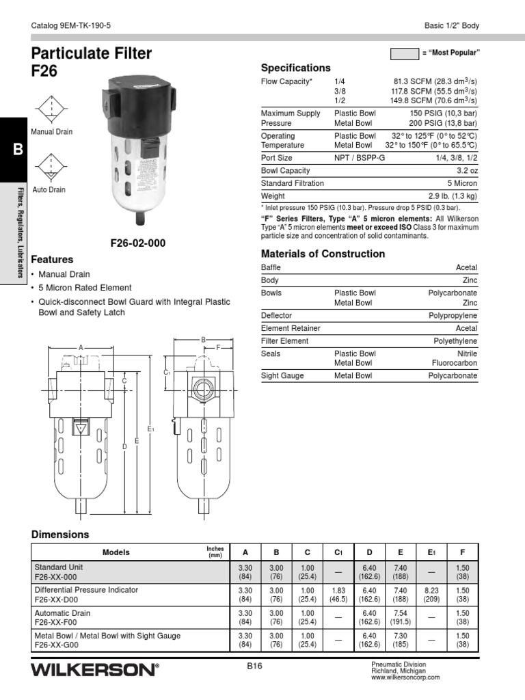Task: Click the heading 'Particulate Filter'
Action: click(x=92, y=54)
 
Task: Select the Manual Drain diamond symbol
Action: click(x=46, y=109)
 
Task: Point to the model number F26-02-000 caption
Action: click(x=138, y=243)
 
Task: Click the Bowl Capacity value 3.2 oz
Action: click(x=464, y=170)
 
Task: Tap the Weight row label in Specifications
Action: click(x=273, y=196)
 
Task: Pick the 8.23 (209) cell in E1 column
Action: click(x=431, y=593)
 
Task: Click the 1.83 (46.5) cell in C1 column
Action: click(x=338, y=593)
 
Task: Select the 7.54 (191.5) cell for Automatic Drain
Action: click(x=400, y=617)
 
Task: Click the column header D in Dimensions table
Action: click(x=369, y=552)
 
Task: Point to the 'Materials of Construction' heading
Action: click(x=323, y=254)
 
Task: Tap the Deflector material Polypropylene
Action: click(x=453, y=316)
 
